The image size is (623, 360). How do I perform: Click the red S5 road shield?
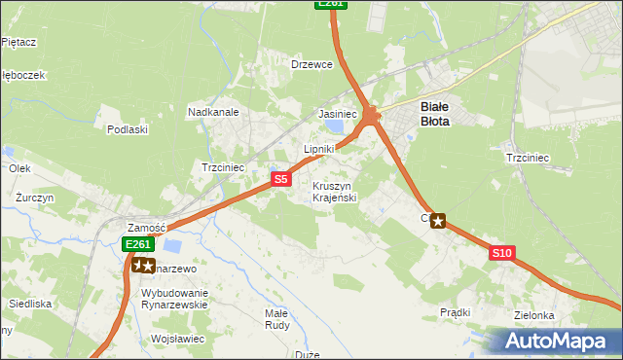coord(280,179)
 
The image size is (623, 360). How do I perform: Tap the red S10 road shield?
coord(501,253)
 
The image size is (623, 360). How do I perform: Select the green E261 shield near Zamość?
coord(137,244)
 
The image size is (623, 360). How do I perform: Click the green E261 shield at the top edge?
coord(331,4)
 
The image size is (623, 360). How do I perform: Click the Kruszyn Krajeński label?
coord(336,192)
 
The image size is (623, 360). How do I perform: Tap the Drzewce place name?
coord(312,64)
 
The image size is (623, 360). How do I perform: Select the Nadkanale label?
coord(213,112)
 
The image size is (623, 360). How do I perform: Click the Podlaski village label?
coord(128,128)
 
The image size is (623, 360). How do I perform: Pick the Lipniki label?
coord(319,149)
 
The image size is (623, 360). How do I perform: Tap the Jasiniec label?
coord(338,114)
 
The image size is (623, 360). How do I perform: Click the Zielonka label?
coord(535,315)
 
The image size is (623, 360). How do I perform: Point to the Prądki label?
coord(455,312)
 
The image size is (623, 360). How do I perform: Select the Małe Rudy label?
coord(276,320)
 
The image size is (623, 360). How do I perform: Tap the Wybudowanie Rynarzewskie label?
coord(175,298)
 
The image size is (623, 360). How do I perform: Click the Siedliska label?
coord(30,304)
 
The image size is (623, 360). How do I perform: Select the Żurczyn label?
coord(34,197)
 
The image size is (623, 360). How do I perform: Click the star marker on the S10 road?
coord(438,221)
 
